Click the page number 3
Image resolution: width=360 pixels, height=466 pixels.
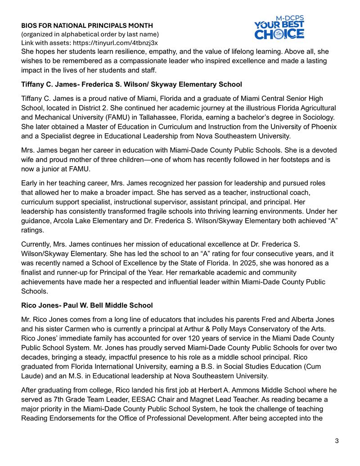337,440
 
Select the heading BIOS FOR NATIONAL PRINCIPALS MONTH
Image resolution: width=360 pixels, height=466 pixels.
87,25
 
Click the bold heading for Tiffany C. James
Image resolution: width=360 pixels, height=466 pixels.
131,84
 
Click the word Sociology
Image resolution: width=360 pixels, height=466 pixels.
319,117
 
